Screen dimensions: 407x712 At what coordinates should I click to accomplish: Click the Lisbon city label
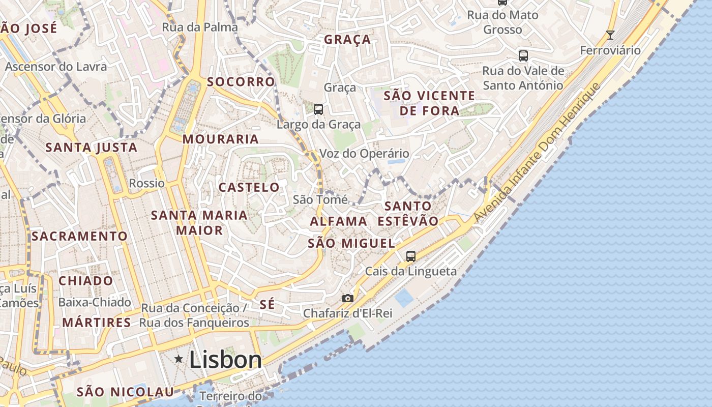click(225, 360)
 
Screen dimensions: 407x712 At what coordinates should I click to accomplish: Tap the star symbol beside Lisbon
click(179, 359)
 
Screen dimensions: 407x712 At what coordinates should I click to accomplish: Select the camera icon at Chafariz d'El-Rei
click(348, 298)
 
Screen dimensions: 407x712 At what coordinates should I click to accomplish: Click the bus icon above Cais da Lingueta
click(411, 256)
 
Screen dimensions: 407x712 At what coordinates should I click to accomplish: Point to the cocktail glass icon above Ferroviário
click(610, 35)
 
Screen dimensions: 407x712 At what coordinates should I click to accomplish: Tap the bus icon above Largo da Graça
click(318, 109)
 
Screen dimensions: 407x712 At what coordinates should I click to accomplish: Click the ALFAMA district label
click(338, 221)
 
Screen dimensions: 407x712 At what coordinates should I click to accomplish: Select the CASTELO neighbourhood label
click(249, 187)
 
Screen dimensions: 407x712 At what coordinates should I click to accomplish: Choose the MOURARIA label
click(221, 139)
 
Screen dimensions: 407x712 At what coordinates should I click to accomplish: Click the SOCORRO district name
click(241, 82)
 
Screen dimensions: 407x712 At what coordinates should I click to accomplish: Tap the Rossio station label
click(147, 183)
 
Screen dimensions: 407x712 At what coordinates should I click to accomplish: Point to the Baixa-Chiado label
click(95, 302)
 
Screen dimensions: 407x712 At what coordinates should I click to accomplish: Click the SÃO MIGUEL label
click(351, 244)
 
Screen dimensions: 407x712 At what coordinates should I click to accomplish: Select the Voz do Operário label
click(364, 153)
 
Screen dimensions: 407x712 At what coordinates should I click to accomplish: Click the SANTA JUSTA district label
click(92, 148)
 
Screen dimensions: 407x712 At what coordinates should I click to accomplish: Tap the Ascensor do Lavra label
click(56, 66)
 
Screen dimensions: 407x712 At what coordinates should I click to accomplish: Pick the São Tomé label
click(320, 199)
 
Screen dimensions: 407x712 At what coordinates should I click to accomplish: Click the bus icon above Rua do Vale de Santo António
click(523, 55)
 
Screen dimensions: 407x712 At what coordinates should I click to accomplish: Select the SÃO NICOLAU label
click(125, 392)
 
